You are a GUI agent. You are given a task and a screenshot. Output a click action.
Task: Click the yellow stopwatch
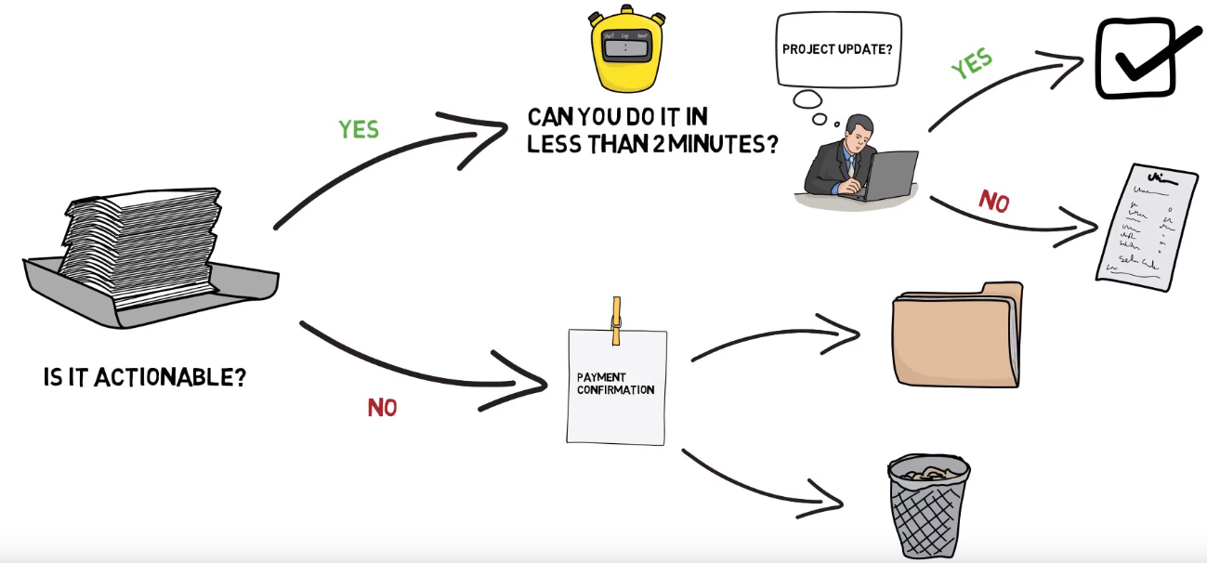click(x=624, y=53)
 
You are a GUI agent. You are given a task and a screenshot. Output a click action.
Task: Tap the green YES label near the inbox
click(x=359, y=128)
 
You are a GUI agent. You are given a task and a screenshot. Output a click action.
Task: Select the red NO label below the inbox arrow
click(x=382, y=407)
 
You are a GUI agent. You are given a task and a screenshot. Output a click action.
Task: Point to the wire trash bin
click(x=928, y=505)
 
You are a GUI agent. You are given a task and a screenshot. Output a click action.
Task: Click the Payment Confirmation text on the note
click(x=615, y=384)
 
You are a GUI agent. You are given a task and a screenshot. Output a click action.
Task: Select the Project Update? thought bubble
click(x=837, y=49)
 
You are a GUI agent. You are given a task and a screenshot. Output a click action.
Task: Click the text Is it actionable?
click(x=145, y=378)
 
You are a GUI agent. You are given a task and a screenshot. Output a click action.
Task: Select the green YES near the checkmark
click(x=971, y=65)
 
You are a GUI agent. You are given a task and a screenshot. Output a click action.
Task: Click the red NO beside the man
click(x=993, y=201)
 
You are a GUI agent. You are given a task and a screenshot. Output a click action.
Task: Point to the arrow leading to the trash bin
click(x=762, y=481)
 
